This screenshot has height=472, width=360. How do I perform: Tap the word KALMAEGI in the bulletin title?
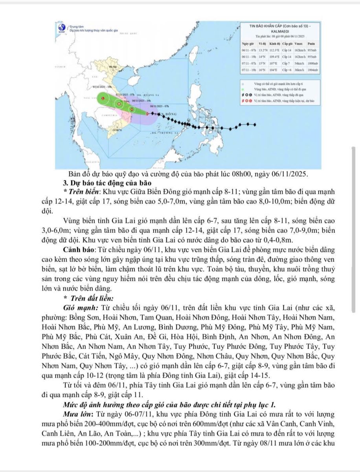click(x=280, y=31)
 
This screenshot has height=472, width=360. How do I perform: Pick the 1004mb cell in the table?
click(x=313, y=70)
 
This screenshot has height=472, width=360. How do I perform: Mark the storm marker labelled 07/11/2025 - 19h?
click(x=103, y=98)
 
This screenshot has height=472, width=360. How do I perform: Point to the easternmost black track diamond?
click(x=255, y=125)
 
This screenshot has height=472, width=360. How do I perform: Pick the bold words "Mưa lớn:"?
click(x=80, y=414)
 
